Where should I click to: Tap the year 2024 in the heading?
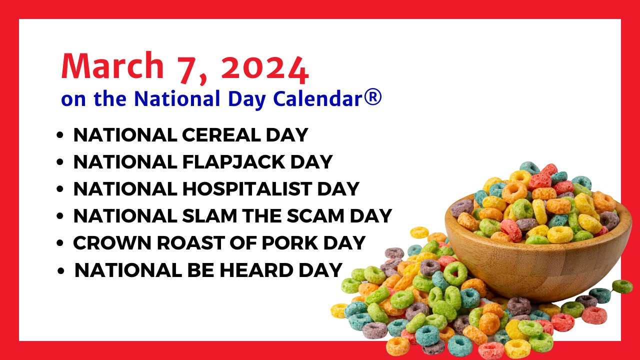[x=265, y=69]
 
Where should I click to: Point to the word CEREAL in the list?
[x=221, y=135]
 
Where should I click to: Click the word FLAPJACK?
[x=233, y=162]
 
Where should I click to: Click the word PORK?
[x=290, y=243]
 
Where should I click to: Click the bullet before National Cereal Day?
[x=59, y=135]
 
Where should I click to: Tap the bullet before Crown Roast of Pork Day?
[x=59, y=243]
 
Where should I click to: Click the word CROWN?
[x=112, y=243]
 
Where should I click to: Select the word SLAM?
[x=209, y=215]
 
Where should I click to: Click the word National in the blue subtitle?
[x=177, y=98]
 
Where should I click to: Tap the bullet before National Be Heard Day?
[x=61, y=270]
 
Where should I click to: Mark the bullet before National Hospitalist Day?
[x=59, y=189]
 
